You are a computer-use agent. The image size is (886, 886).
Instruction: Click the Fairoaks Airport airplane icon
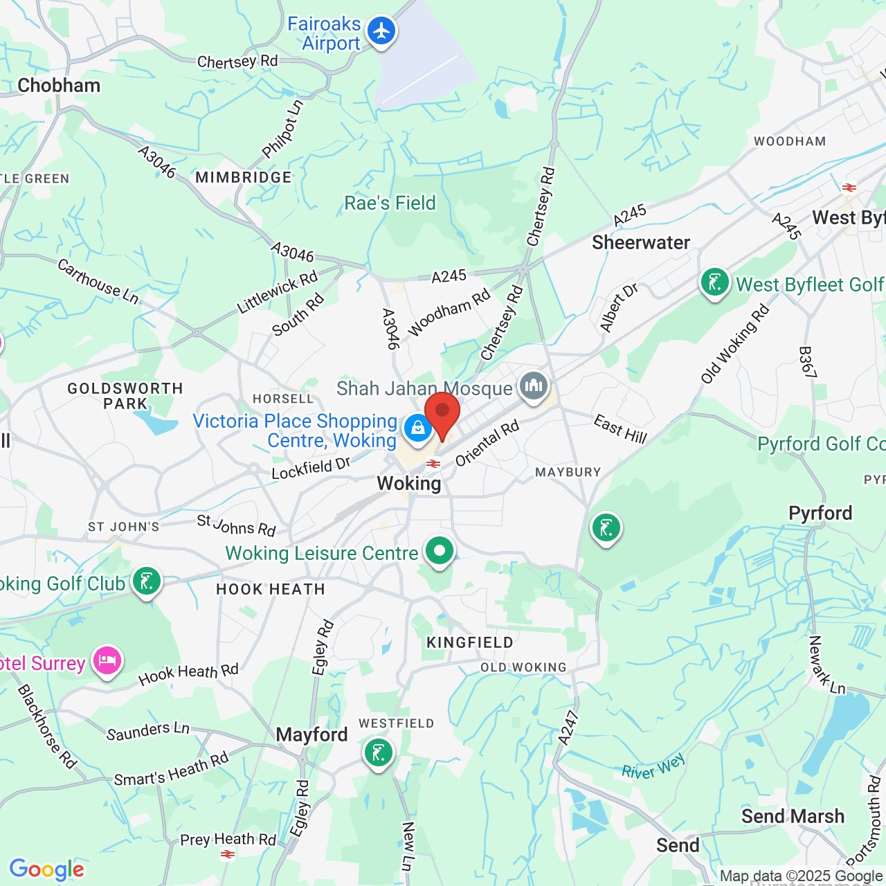pos(381,32)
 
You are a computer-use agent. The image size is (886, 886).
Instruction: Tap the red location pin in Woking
pos(442,413)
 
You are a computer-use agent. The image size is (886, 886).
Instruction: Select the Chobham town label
pos(59,85)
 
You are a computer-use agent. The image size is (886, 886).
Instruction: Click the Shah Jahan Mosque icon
pos(533,386)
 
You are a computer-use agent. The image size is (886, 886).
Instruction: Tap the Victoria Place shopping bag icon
pos(417,428)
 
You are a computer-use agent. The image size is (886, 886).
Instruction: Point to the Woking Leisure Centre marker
pos(439,552)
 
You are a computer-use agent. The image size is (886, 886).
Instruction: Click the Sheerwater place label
pos(641,242)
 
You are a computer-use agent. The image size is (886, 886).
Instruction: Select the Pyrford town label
pos(820,513)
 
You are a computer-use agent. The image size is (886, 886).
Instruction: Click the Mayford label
pos(311,734)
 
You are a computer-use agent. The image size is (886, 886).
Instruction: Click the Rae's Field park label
pos(390,203)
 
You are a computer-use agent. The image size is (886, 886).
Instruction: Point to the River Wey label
pos(653,766)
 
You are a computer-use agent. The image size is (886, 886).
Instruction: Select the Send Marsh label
pos(793,816)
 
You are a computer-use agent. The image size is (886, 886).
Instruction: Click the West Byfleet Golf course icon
pos(714,282)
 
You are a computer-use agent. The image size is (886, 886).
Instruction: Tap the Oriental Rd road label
pos(487,443)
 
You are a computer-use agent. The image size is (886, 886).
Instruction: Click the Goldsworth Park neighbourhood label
pos(125,396)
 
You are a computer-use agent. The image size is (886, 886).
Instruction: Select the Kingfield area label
pos(470,642)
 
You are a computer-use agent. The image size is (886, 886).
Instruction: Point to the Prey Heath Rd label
pos(228,840)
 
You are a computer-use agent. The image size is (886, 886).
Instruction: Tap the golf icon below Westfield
pos(378,752)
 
